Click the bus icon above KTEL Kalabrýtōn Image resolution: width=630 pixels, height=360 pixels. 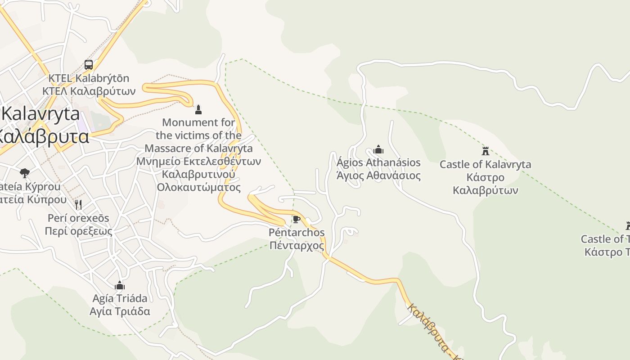[89, 65]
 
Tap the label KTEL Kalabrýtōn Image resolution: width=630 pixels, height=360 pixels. [89, 78]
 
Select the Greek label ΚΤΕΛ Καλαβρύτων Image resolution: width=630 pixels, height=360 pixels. [89, 91]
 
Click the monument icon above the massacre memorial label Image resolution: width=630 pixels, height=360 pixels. [198, 109]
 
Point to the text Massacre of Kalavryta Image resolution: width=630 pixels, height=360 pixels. [198, 148]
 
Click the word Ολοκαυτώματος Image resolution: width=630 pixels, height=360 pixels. [198, 187]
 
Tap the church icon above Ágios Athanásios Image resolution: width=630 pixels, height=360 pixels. [378, 149]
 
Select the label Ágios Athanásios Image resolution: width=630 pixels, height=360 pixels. [378, 162]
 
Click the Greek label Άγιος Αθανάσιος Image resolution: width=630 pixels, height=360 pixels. [378, 175]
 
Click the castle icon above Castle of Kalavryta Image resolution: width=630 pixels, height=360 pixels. [485, 151]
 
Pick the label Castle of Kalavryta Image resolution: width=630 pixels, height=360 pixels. [485, 165]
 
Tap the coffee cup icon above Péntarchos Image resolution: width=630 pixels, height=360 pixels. [296, 220]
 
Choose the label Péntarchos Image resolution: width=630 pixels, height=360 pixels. [296, 233]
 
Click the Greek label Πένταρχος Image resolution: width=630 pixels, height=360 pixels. [296, 246]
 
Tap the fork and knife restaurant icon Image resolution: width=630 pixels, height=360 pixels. [78, 205]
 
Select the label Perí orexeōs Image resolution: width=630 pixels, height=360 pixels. [78, 218]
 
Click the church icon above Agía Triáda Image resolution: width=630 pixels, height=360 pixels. [119, 285]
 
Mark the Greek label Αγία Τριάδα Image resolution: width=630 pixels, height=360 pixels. [119, 311]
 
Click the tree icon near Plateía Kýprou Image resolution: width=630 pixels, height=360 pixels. [25, 173]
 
